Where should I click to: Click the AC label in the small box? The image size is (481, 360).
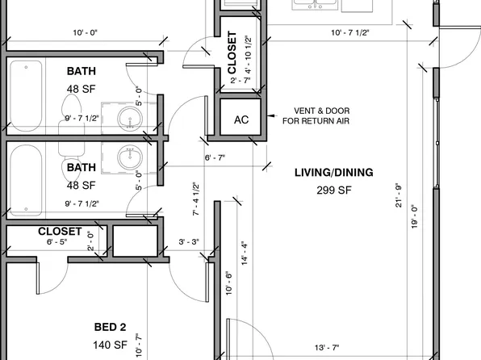240,119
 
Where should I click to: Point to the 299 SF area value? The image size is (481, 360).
334,190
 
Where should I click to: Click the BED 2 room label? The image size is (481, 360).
111,327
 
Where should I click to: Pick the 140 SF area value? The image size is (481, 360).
111,345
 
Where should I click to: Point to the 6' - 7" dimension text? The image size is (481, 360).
215,157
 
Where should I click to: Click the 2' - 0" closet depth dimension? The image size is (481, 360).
90,241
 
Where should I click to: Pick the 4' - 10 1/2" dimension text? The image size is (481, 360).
249,54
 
